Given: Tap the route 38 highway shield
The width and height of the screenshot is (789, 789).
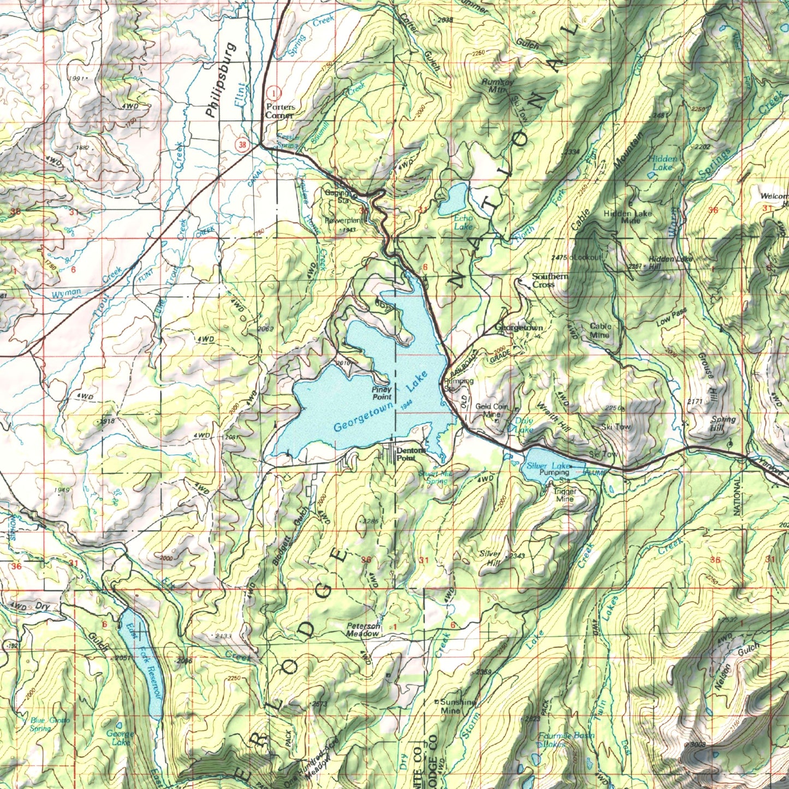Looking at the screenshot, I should (x=242, y=145).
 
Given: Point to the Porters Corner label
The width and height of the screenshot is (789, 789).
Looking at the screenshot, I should (x=280, y=111).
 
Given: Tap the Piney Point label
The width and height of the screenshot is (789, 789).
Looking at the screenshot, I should (x=382, y=393).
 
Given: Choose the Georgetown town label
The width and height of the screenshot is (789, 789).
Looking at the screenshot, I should (x=519, y=328).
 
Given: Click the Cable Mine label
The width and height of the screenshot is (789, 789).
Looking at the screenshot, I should (x=600, y=330).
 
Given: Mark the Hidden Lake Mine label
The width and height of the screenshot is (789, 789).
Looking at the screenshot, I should (x=627, y=217).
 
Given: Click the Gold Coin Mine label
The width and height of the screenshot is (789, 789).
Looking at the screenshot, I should (x=491, y=410).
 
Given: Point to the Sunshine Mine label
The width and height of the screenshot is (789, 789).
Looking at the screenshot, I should (x=458, y=707).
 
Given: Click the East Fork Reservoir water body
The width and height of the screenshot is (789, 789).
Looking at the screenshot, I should (x=141, y=661).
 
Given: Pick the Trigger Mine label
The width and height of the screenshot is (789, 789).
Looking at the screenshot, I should (x=564, y=495).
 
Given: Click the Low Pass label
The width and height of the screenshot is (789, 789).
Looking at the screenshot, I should (x=671, y=318).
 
